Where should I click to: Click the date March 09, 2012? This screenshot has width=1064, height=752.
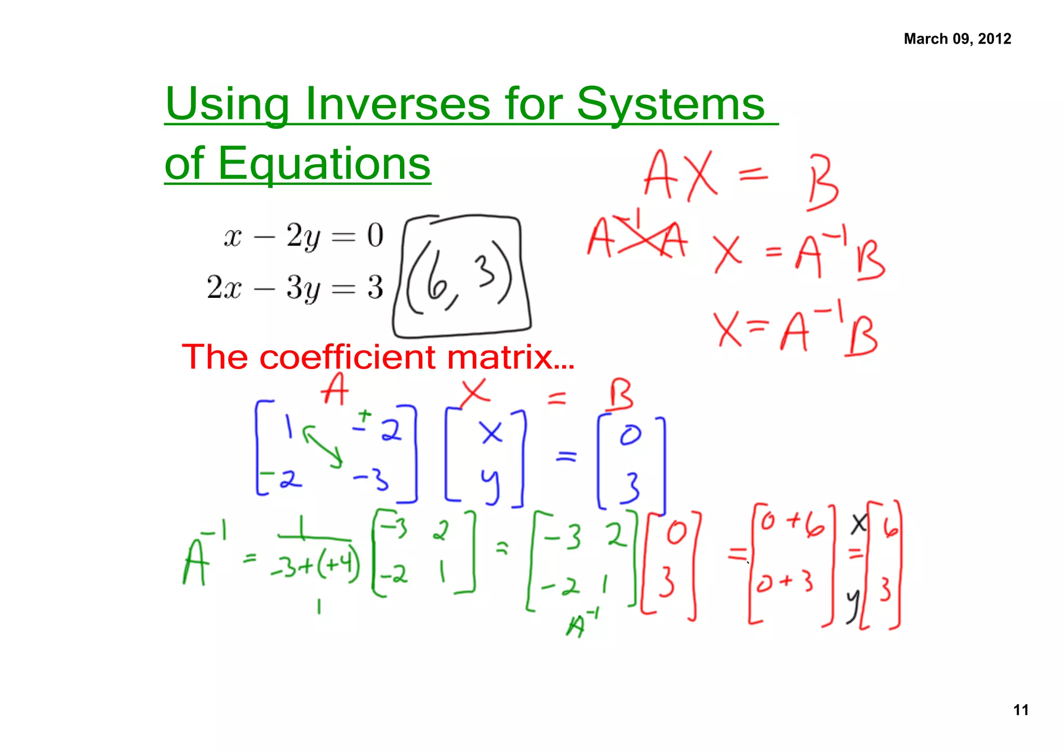[957, 39]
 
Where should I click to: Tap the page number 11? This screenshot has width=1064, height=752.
[1020, 710]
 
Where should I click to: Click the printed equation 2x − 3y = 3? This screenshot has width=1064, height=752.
[295, 287]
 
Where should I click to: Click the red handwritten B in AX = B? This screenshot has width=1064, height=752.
[822, 182]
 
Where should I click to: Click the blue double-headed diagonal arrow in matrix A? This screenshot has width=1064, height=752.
[323, 446]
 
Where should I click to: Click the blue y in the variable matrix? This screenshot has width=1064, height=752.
[490, 485]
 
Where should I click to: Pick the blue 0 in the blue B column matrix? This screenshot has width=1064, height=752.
[630, 435]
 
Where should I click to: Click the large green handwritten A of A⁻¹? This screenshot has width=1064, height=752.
[196, 563]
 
